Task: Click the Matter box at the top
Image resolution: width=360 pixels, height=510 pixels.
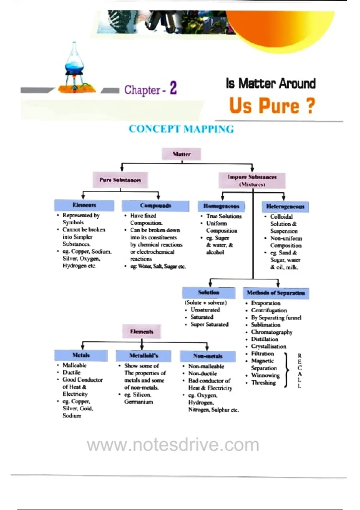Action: [x=181, y=154]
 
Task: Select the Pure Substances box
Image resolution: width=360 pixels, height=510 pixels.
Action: [x=120, y=180]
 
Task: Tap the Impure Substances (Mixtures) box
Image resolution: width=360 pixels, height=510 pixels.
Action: [x=252, y=180]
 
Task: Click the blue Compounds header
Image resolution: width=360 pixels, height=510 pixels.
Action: [x=155, y=206]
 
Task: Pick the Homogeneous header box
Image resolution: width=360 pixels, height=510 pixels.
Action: [x=221, y=206]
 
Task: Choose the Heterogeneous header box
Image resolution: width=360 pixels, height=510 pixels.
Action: [x=285, y=206]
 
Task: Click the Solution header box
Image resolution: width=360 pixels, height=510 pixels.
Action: [x=209, y=292]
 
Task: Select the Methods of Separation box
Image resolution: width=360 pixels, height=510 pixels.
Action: [x=276, y=293]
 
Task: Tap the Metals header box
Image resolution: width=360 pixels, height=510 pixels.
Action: [x=81, y=355]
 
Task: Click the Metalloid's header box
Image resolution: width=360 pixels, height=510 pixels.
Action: [x=144, y=355]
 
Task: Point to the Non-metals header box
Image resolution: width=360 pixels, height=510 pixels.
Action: [x=208, y=356]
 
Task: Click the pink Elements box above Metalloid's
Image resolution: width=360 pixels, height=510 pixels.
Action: [x=142, y=331]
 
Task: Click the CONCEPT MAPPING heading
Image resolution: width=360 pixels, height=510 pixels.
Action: [x=181, y=129]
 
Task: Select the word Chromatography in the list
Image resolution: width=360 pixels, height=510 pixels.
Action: [x=271, y=332]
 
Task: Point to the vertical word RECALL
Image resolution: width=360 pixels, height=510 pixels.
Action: [x=299, y=371]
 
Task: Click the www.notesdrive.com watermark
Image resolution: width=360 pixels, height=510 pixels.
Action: [x=173, y=445]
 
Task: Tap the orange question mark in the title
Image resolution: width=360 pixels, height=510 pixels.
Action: [x=311, y=106]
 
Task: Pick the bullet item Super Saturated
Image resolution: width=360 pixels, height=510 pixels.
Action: [x=209, y=324]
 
